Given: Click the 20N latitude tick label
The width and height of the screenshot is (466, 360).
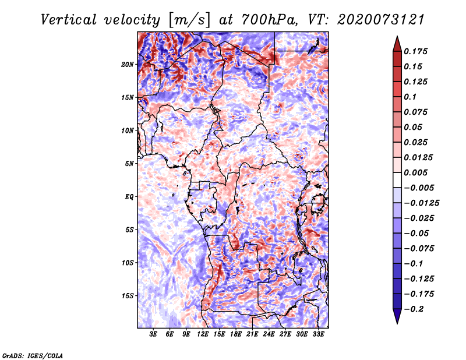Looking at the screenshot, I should coord(128,64).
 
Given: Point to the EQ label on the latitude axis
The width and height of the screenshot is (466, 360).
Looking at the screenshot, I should coord(129,196).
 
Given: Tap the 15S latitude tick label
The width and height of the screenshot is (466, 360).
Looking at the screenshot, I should coord(128,295).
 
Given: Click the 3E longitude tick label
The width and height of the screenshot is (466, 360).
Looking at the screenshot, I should coord(154,334).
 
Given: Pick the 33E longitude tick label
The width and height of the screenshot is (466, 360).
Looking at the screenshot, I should coord(319,334).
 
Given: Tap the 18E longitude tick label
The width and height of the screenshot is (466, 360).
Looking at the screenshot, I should coord(236,334).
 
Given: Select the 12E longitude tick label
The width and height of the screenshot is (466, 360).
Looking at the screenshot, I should coord(203,334).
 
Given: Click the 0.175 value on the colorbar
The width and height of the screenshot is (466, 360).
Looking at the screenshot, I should coord(417,51).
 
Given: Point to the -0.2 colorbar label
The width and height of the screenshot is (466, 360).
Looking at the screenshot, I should coord(414,309).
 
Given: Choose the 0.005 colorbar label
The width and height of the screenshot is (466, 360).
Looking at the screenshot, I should coord(417,173).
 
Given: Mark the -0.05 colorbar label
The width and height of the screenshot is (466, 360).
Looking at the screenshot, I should coord(416,233).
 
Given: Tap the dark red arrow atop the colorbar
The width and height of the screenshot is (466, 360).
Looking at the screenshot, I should coord(396,42).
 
